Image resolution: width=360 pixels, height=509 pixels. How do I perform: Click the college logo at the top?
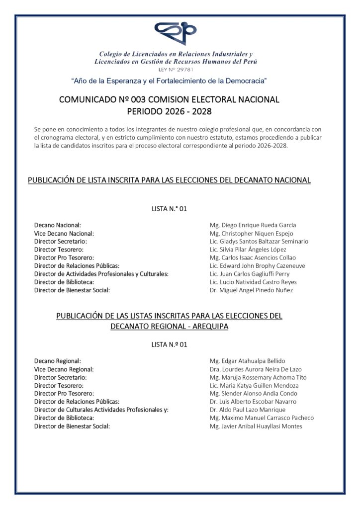coord(176,34)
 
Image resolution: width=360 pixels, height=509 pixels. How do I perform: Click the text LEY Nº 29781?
coord(176,70)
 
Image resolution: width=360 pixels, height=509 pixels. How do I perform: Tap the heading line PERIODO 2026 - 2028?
coord(170,111)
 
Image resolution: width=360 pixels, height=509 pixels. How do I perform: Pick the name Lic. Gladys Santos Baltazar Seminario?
coord(259,241)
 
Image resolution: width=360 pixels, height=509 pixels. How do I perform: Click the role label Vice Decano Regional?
coord(64,369)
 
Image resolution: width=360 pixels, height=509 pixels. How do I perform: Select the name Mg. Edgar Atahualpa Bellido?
coord(248,361)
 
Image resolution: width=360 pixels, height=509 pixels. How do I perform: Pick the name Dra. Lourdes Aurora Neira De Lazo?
coord(256,369)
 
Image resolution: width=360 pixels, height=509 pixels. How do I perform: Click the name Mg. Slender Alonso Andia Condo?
coord(254,394)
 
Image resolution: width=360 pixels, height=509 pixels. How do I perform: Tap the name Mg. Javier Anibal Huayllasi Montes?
coord(256,426)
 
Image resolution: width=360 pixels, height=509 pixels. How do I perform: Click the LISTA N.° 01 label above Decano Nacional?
coord(169,209)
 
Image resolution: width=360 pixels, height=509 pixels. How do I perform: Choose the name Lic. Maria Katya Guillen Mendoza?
coord(254,385)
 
